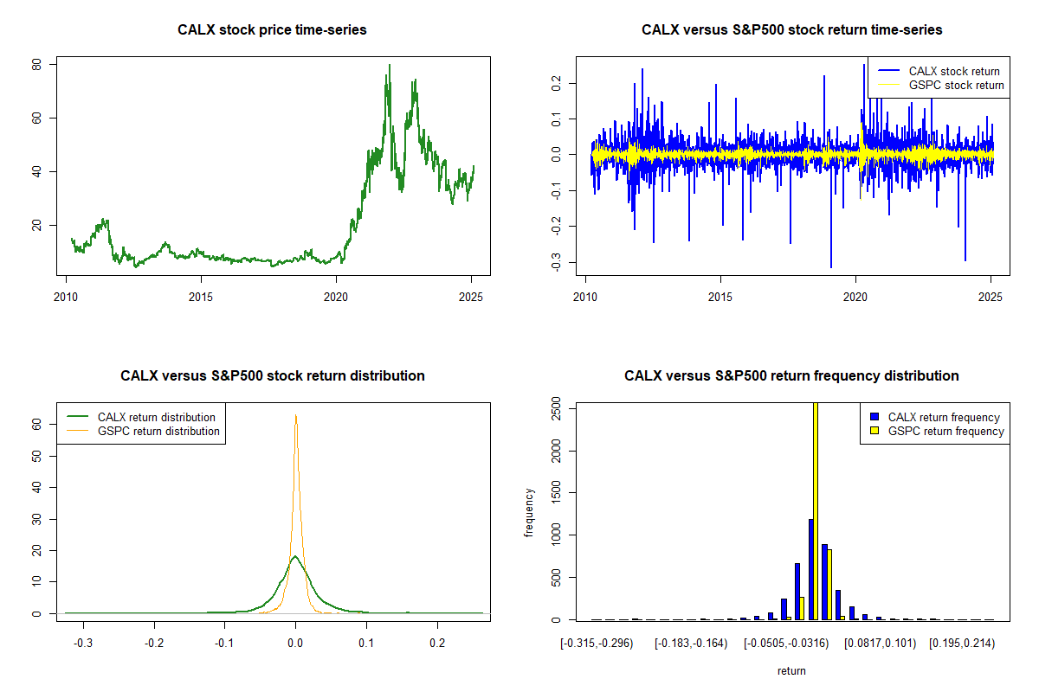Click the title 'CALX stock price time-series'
tap(272, 30)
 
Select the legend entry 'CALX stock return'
tap(953, 71)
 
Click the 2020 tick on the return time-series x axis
tap(855, 294)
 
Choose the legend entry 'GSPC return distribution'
tap(158, 431)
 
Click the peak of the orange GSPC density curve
tap(296, 415)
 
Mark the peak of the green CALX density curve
tap(295, 556)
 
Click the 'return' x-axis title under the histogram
tap(791, 670)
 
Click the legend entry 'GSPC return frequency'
tap(945, 431)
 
